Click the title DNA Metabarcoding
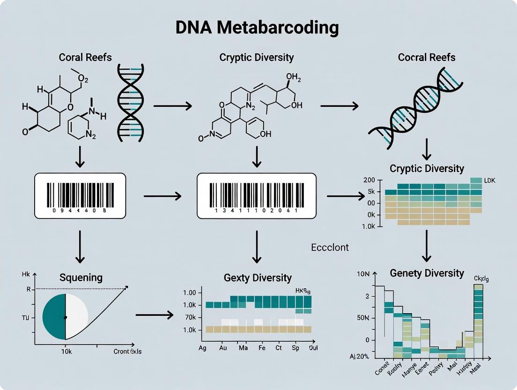257,28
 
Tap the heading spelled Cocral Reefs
426,58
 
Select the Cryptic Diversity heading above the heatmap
427,168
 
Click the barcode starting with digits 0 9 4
80,195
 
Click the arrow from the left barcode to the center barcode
162,195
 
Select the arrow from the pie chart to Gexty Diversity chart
155,315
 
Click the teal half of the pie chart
54,316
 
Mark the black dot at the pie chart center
65,317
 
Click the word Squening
81,277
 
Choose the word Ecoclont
330,247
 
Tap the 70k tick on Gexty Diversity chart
190,317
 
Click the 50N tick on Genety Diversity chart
363,318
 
